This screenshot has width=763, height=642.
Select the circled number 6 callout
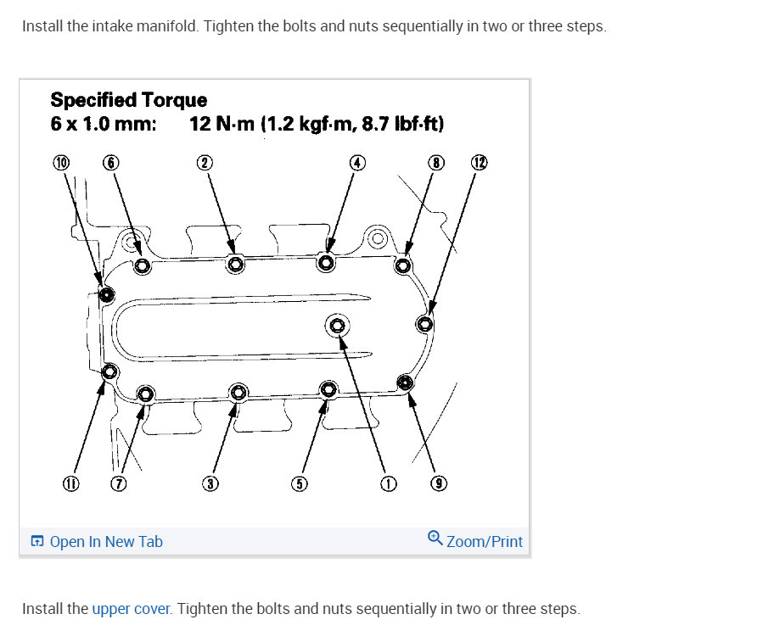(x=110, y=163)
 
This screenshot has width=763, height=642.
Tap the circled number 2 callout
(x=205, y=163)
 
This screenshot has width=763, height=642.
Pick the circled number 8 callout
(x=436, y=163)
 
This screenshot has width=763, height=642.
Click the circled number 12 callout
(x=480, y=163)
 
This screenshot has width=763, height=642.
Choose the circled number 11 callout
(x=70, y=484)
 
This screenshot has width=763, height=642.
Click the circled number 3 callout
(x=210, y=484)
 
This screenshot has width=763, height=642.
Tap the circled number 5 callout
(x=299, y=484)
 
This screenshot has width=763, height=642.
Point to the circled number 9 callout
(x=440, y=484)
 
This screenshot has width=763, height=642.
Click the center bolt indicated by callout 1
(x=337, y=325)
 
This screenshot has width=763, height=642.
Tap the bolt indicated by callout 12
(x=425, y=322)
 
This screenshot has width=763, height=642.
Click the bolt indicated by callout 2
(x=236, y=265)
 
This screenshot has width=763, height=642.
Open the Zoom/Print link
(x=475, y=541)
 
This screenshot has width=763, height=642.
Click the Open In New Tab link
(x=97, y=542)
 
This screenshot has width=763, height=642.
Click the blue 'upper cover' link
(x=132, y=609)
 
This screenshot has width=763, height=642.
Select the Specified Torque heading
(x=129, y=101)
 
